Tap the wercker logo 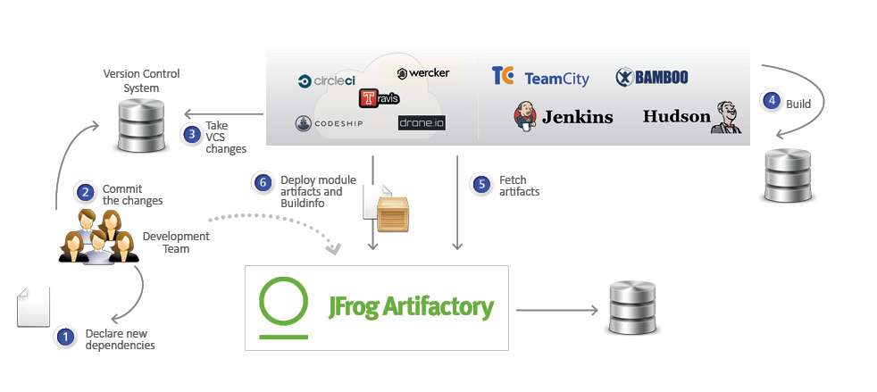tap(423, 72)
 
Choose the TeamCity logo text tap(556, 79)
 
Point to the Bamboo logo tap(652, 78)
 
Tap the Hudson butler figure tap(725, 117)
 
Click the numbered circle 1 tap(65, 338)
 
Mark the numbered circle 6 tap(262, 183)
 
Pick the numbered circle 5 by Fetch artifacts tap(482, 184)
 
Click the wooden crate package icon tap(394, 214)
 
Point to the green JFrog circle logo tap(284, 304)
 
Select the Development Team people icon tap(98, 237)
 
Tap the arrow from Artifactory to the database tap(557, 310)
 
